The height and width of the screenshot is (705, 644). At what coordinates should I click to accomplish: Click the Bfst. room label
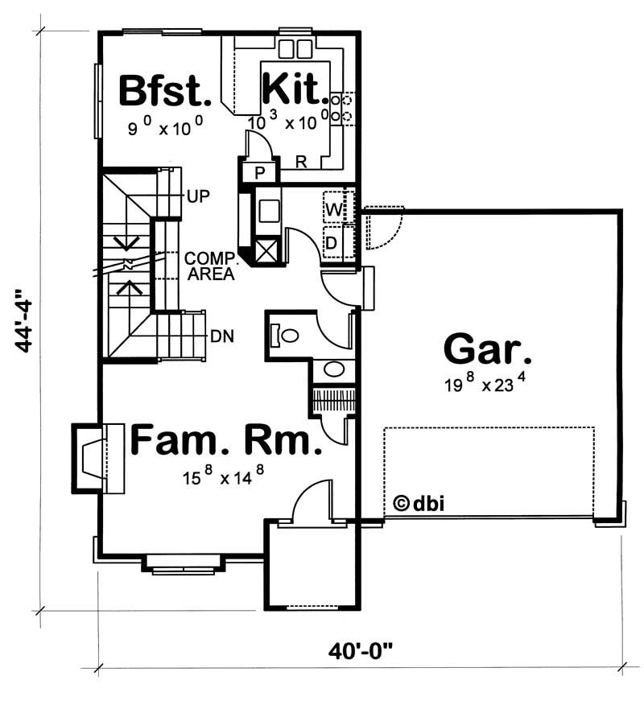[165, 91]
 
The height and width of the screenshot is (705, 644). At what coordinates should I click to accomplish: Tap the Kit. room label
[295, 91]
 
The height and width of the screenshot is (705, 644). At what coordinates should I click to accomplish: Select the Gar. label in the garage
[487, 350]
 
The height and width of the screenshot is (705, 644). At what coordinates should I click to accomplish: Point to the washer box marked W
[334, 210]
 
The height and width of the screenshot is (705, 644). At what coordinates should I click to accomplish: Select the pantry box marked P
[260, 174]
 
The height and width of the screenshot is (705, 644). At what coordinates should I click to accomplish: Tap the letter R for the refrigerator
[301, 163]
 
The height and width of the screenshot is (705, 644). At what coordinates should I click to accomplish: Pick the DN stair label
[222, 336]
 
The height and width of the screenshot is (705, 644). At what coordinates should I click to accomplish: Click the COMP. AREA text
[209, 266]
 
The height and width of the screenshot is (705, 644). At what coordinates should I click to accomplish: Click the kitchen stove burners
[345, 108]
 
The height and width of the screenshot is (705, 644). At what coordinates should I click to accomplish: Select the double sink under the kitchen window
[294, 48]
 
